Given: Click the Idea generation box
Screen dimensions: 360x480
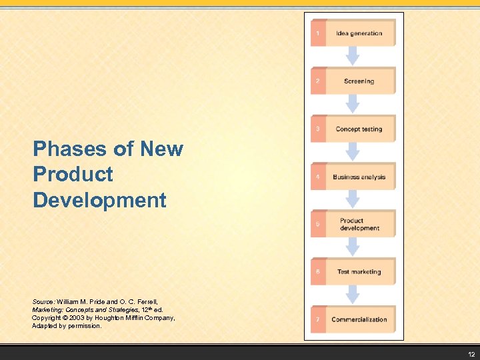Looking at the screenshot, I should (x=359, y=33).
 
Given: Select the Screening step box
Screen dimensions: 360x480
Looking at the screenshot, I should (x=359, y=81).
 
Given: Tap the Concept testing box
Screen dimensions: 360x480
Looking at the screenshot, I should (x=359, y=129).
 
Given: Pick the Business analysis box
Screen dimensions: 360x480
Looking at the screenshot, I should (x=359, y=177).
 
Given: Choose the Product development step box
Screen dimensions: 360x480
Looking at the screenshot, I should (x=359, y=224).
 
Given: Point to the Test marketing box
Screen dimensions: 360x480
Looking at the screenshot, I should (x=359, y=271).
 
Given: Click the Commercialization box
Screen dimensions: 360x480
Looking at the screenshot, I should (x=359, y=319).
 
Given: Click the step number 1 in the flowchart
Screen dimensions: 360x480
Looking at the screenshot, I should (x=317, y=33).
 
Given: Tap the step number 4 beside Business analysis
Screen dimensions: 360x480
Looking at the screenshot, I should (x=317, y=177).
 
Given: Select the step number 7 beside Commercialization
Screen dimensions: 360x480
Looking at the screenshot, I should (x=317, y=319).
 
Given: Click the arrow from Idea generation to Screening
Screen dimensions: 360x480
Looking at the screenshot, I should (x=353, y=56).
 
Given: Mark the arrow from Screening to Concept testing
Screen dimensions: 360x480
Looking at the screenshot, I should (x=353, y=104).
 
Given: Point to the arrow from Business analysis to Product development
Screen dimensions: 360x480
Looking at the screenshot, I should (x=353, y=199).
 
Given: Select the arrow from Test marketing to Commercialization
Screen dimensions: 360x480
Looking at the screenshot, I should (x=353, y=295).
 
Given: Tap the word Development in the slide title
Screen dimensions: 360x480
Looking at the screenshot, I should (x=99, y=199).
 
